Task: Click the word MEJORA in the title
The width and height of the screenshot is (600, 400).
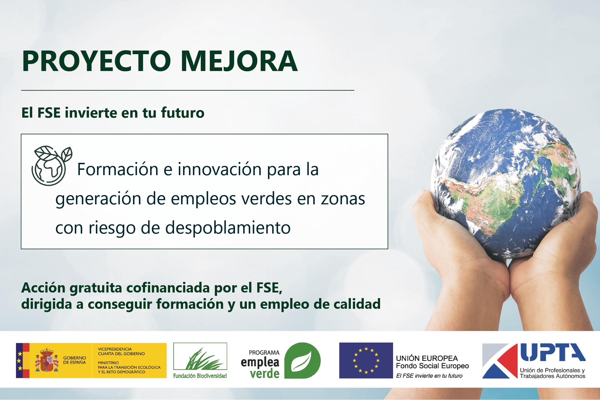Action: pyautogui.click(x=239, y=61)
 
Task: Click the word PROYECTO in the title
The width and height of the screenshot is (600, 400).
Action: pyautogui.click(x=96, y=61)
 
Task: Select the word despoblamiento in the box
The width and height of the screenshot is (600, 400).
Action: pyautogui.click(x=228, y=227)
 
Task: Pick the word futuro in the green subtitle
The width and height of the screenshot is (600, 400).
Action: pyautogui.click(x=182, y=113)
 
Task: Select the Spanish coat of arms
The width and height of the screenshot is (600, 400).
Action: pyautogui.click(x=47, y=360)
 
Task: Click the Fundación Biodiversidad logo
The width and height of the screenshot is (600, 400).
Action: pyautogui.click(x=200, y=360)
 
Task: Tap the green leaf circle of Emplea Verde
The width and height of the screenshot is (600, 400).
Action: pyautogui.click(x=302, y=360)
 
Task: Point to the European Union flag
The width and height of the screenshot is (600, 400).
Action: pyautogui.click(x=366, y=360)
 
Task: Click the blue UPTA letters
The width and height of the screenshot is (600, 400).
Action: pyautogui.click(x=552, y=352)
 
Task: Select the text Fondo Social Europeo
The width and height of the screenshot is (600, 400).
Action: pyautogui.click(x=432, y=366)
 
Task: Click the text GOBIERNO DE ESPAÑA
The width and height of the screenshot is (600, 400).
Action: pyautogui.click(x=75, y=360)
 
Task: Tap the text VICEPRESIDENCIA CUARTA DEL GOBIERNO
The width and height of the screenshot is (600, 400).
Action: pyautogui.click(x=121, y=351)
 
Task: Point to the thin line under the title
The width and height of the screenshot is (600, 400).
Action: pyautogui.click(x=188, y=90)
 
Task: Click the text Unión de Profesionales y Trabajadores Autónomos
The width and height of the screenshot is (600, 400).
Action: pyautogui.click(x=552, y=373)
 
